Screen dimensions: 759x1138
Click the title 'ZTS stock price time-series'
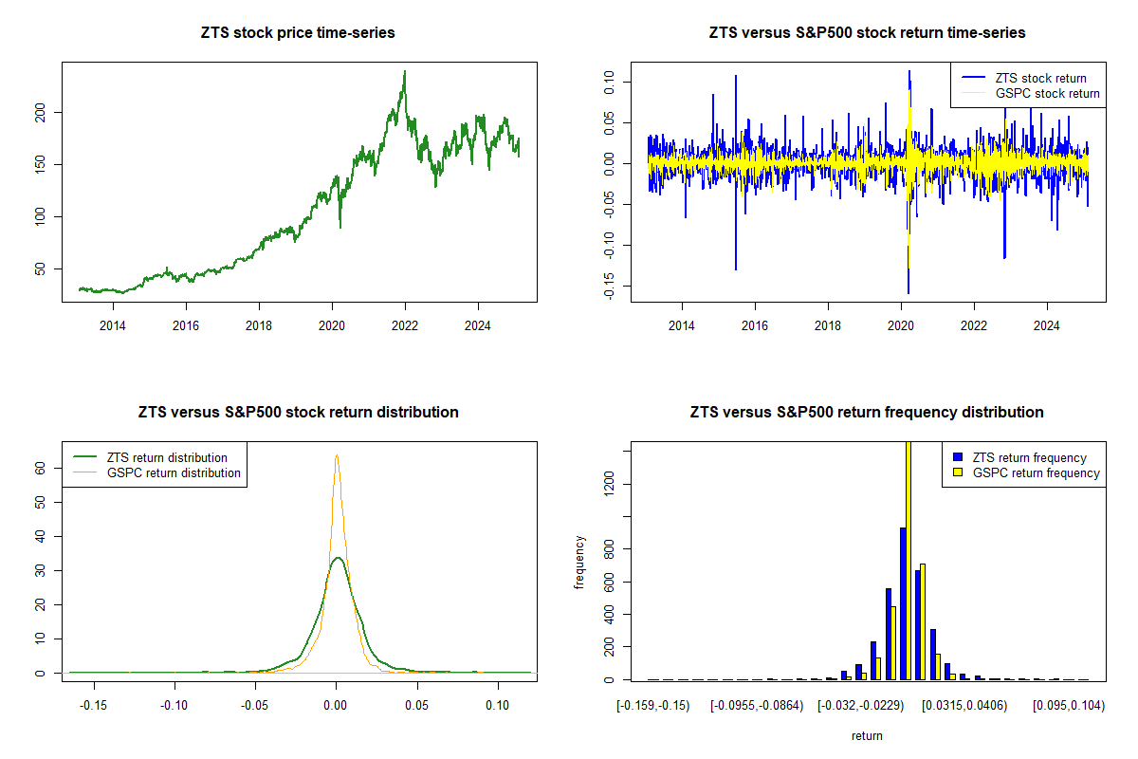tap(298, 33)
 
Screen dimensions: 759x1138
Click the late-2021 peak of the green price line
tap(405, 72)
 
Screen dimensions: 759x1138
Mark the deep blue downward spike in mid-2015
tap(735, 268)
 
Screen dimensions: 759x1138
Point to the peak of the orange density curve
tap(336, 456)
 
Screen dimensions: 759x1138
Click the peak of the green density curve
tap(337, 558)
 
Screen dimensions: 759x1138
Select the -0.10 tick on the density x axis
tap(174, 707)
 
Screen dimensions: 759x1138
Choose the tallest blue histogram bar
tap(903, 603)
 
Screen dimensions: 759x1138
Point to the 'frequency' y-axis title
tap(580, 562)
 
